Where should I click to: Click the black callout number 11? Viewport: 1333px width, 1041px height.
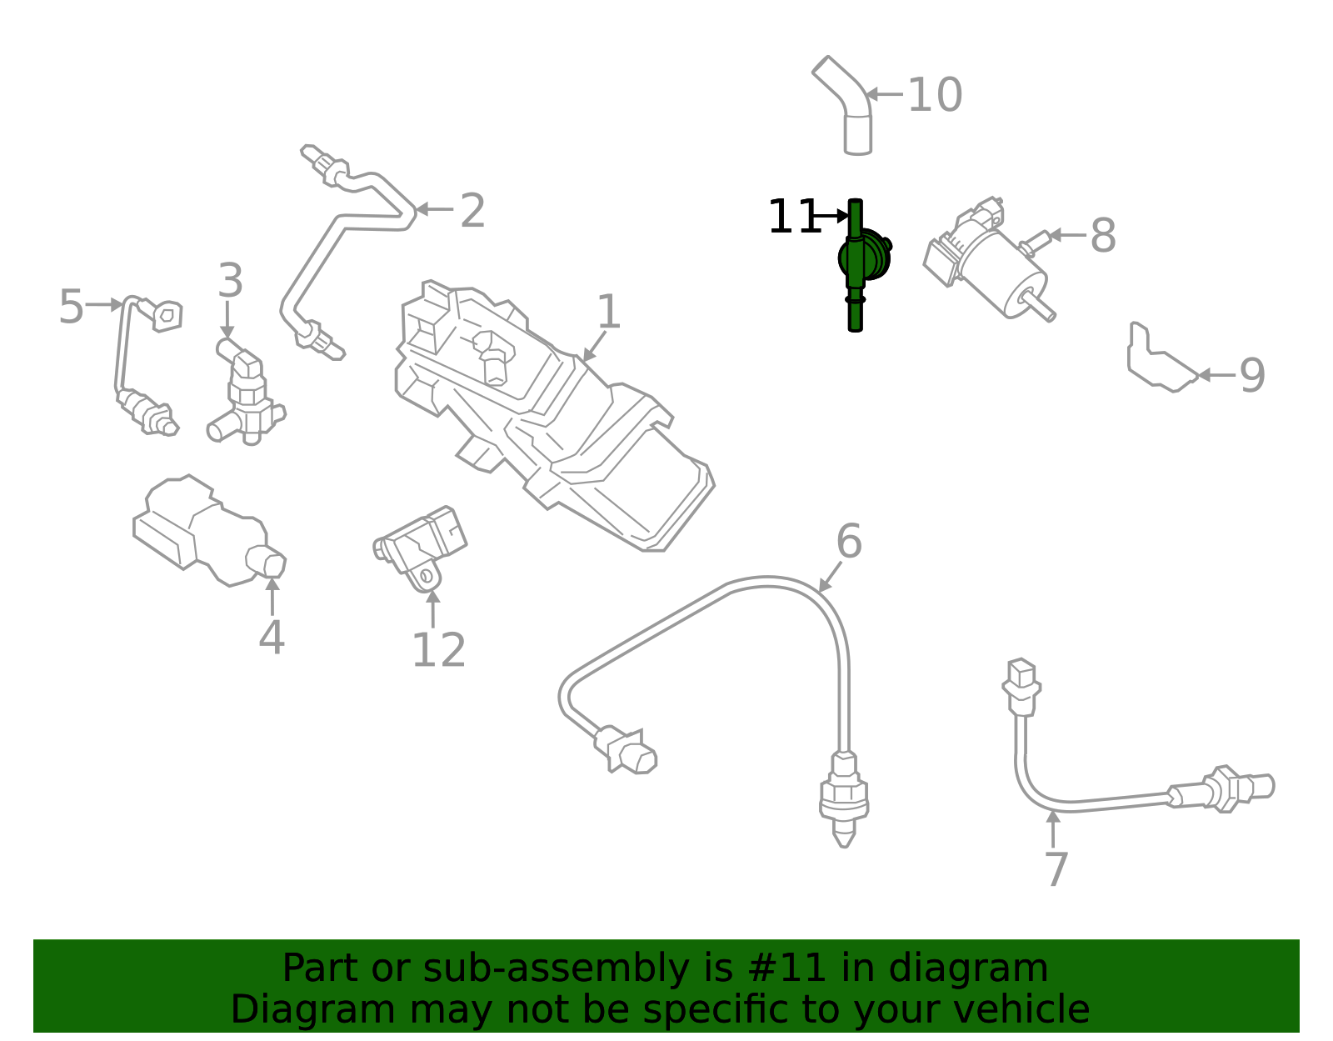794,218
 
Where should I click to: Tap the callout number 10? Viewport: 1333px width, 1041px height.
934,95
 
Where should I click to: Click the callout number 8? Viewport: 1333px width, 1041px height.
1102,236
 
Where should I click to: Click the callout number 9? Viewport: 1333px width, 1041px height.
1252,376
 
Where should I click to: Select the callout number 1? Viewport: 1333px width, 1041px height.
609,313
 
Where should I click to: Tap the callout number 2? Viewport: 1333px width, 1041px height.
472,211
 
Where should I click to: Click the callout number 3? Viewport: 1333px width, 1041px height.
230,281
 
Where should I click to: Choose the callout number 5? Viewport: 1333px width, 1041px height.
71,307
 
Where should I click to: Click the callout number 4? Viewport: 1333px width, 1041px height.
272,638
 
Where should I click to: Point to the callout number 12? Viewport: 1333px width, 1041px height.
438,650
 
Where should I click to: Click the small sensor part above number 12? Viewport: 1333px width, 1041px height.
422,545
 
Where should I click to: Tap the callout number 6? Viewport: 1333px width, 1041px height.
848,542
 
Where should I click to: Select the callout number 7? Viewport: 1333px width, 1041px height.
1056,869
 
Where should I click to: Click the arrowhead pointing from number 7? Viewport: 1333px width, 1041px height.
1054,817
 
